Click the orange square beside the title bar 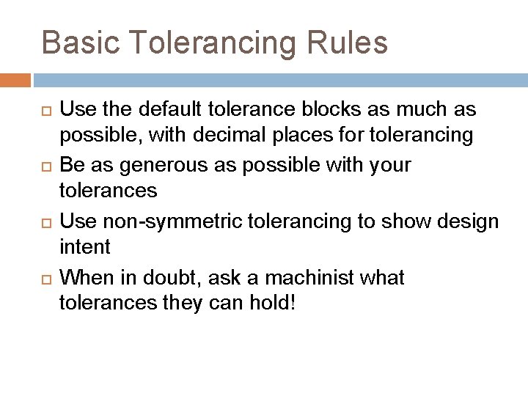[x=15, y=78]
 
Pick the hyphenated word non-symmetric [x=164, y=221]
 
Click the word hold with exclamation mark [x=275, y=304]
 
